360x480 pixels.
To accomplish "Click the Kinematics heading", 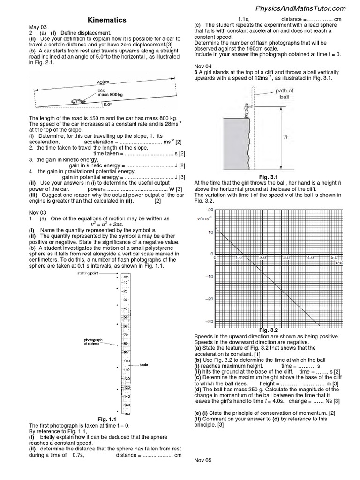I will pos(107,20).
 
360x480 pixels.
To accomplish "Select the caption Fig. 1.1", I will pos(106,419).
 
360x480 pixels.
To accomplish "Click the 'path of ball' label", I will pos(284,93).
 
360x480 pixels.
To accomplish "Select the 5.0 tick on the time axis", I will pos(334,258).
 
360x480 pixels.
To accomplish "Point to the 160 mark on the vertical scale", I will pos(127,413).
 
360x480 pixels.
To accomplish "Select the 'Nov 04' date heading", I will pos(202,67).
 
